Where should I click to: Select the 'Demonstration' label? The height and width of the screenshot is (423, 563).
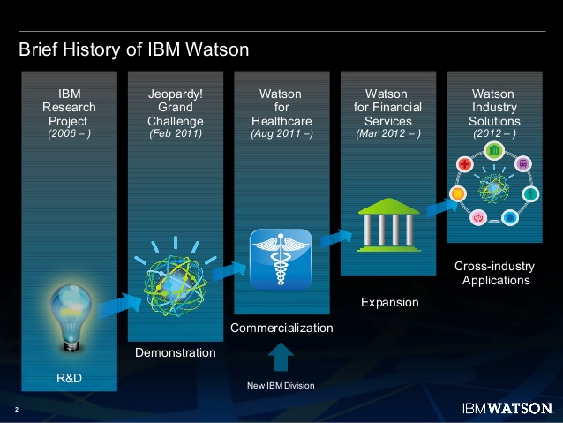point(175,353)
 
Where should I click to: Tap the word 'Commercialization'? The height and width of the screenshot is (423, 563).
point(281,329)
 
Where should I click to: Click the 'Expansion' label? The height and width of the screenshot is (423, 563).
point(389,303)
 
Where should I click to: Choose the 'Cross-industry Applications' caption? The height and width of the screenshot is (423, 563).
point(492,273)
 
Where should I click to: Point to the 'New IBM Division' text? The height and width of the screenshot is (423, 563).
point(280,386)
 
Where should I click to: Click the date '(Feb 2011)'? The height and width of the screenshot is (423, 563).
point(176,134)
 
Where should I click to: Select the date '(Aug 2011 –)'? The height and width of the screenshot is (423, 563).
point(281,134)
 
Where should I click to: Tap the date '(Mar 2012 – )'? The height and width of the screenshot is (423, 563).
point(387,134)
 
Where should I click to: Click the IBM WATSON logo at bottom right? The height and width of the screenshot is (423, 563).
point(507,409)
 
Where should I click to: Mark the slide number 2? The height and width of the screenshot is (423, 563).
point(17,410)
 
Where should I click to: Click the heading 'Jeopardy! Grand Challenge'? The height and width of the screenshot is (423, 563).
point(176,107)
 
